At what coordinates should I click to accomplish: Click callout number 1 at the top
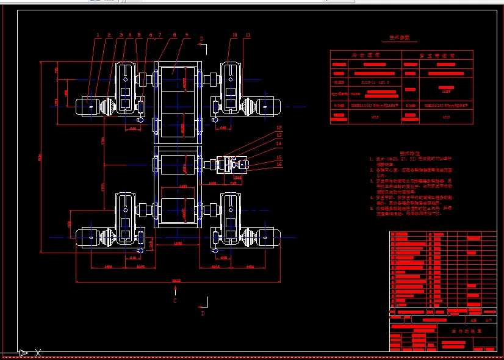98,35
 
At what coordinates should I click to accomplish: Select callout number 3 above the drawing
121,35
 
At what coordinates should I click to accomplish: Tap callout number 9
187,35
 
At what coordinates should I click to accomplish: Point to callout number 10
234,35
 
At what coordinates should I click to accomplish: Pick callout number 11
248,35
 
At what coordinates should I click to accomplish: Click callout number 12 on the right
279,128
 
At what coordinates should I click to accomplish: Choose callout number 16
279,164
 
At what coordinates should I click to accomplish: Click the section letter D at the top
202,38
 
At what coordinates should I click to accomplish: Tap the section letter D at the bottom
203,313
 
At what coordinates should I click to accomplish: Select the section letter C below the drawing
175,301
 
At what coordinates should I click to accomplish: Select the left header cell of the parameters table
366,55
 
